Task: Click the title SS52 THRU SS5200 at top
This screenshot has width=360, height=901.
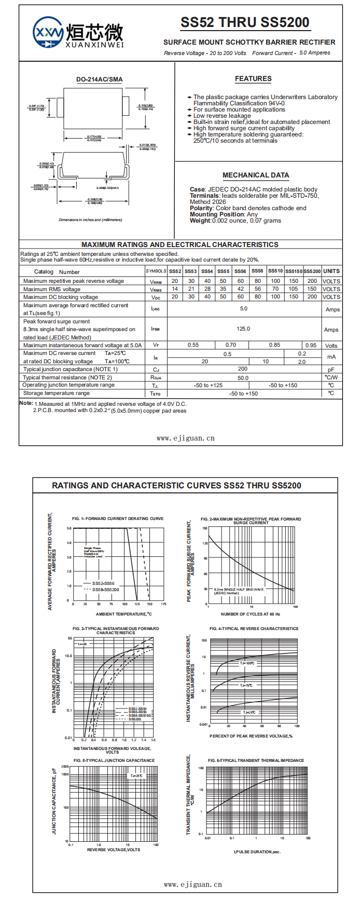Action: point(245,23)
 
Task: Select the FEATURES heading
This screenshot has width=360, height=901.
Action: point(253,79)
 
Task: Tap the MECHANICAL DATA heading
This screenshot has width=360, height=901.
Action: point(256,175)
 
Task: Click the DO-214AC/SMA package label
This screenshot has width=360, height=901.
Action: point(100,79)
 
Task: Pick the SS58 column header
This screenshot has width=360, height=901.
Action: point(257,271)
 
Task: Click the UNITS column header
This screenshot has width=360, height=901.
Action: point(331,271)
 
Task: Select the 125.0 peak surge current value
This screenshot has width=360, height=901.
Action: point(243,329)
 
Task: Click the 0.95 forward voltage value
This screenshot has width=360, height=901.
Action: point(311,345)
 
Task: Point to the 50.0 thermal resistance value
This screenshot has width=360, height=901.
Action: point(243,378)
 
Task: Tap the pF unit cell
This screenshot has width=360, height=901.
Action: point(331,370)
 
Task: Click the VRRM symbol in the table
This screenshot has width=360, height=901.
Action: point(156,281)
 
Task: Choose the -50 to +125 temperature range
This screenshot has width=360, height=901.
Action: point(209,386)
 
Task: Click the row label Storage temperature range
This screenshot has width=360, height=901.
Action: point(57,393)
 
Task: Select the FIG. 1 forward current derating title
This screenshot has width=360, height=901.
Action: point(118,518)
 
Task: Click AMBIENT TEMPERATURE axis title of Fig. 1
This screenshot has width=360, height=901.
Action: point(124,614)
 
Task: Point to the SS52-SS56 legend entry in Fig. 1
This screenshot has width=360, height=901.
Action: point(103,583)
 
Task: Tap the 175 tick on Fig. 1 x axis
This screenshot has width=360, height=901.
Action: point(163,604)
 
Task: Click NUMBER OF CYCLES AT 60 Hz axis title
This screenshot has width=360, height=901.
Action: point(251,614)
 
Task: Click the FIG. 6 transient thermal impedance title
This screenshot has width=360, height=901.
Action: point(256,760)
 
